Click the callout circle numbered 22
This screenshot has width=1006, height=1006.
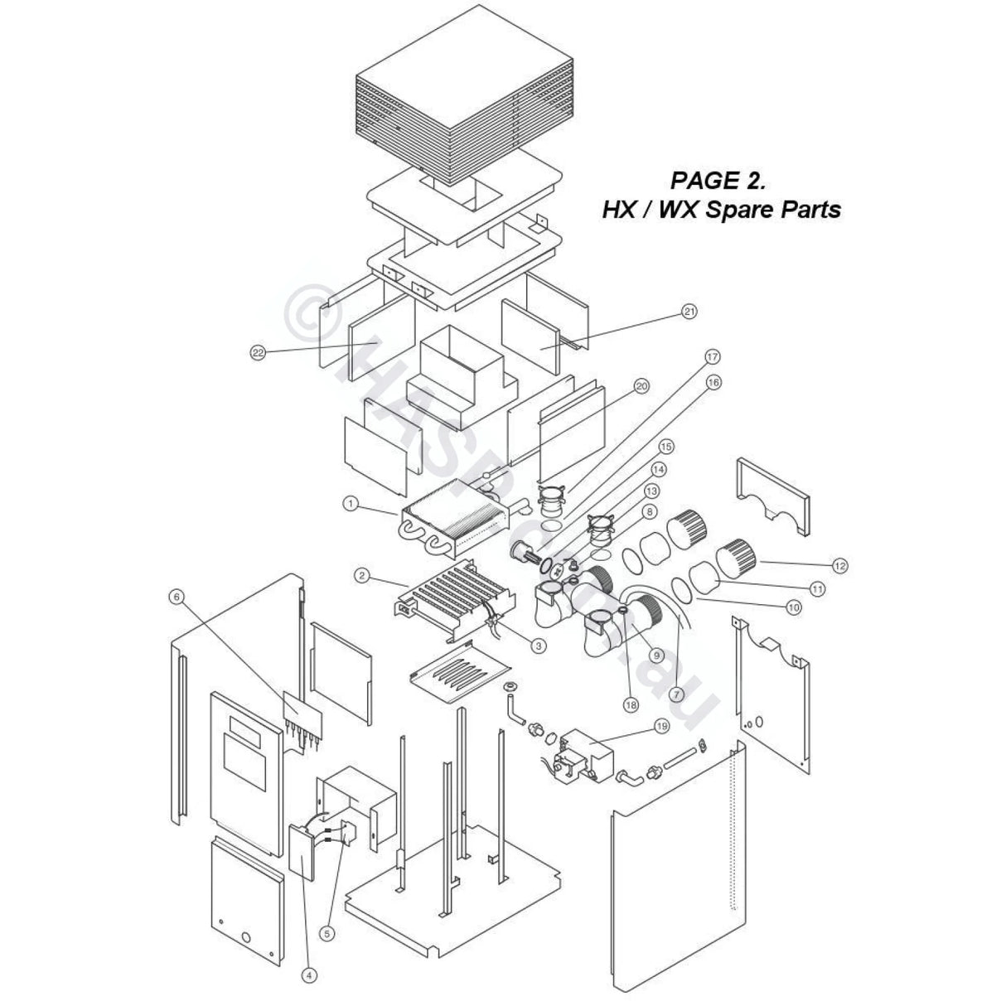pos(258,352)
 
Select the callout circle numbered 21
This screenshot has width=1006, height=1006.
pos(689,312)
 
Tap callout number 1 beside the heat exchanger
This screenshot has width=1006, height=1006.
pos(351,503)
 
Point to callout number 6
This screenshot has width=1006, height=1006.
pos(175,596)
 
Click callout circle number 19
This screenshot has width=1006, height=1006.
pos(661,727)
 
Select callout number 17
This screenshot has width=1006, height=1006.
pos(712,357)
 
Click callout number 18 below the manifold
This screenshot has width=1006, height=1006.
pos(631,704)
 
